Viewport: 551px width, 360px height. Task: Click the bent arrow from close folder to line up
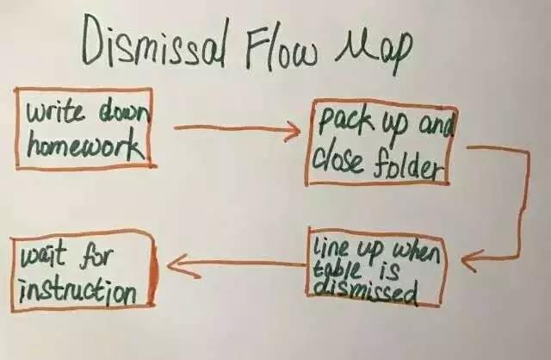[517, 207]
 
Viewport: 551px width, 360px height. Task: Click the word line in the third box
[332, 245]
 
